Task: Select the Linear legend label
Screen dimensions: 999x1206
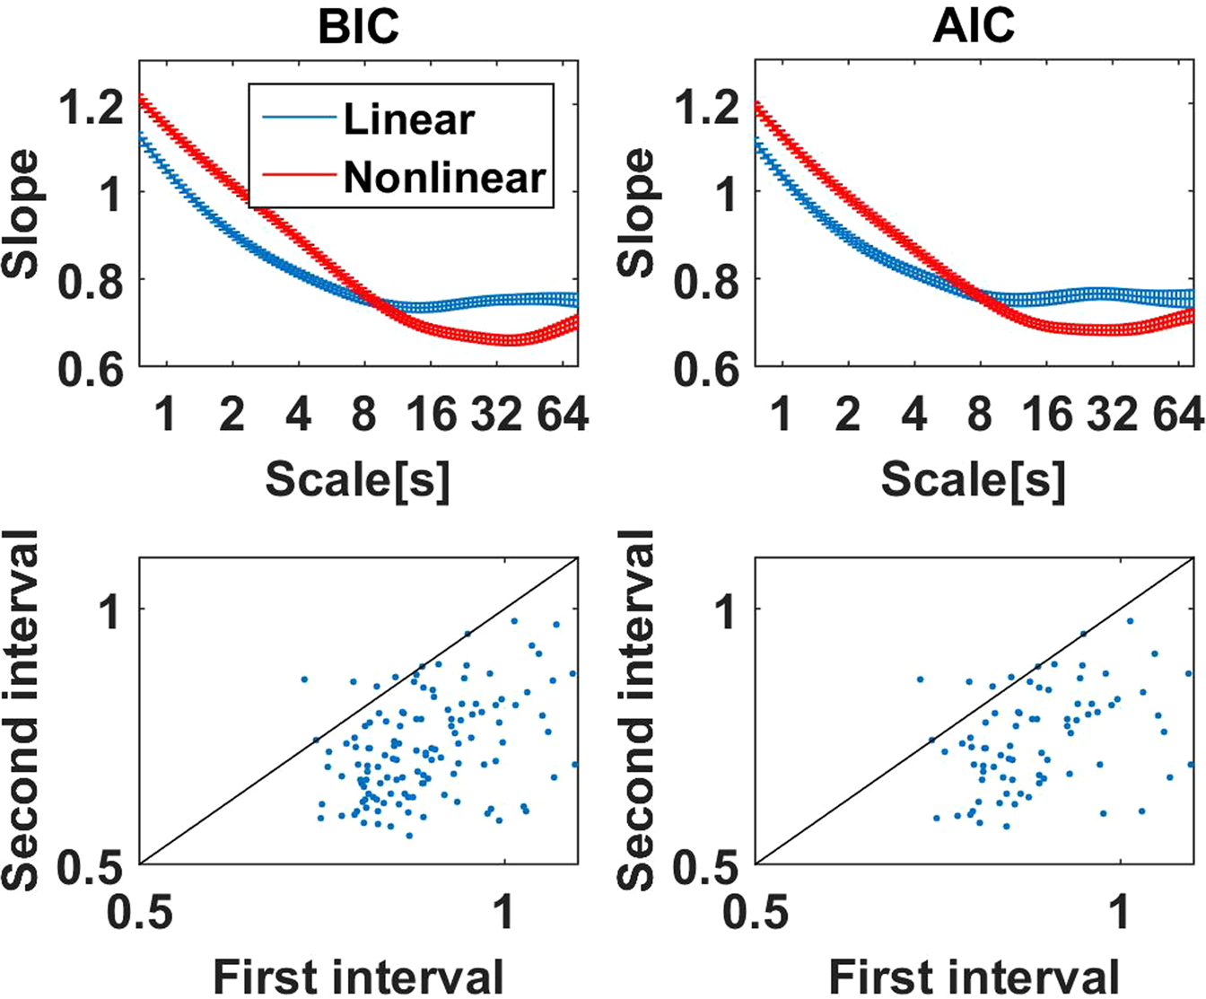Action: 408,119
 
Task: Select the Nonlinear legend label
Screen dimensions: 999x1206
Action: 444,178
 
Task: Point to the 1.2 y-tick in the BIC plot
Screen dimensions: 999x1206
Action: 90,107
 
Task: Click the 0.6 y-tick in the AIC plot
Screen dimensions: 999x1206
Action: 706,369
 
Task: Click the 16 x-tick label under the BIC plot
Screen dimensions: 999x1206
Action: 431,415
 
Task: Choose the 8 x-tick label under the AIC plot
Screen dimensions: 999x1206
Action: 980,415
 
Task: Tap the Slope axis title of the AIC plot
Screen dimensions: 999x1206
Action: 639,213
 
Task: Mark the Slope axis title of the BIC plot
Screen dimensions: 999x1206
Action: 22,213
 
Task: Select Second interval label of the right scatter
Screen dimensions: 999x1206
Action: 639,709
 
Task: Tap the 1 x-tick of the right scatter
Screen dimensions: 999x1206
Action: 1120,912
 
